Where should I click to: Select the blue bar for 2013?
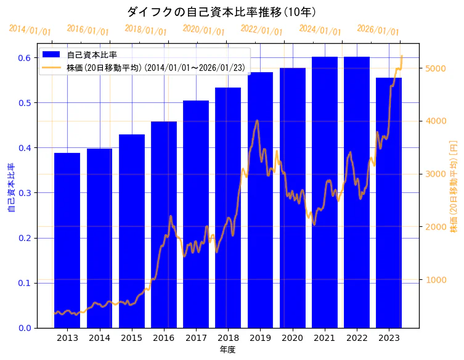[x=67, y=240]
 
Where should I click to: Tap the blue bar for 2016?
[x=164, y=225]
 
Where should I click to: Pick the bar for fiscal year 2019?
[x=260, y=200]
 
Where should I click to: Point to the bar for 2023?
[x=389, y=203]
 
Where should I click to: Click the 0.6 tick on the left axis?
[x=24, y=58]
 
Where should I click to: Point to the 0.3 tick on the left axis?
[x=24, y=193]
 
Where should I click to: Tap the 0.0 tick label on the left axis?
[x=24, y=328]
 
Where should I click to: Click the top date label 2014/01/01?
[x=30, y=30]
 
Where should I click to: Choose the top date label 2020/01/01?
[x=204, y=30]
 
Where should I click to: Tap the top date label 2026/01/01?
[x=378, y=30]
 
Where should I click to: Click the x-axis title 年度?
[x=228, y=350]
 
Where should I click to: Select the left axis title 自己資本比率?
[x=11, y=188]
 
